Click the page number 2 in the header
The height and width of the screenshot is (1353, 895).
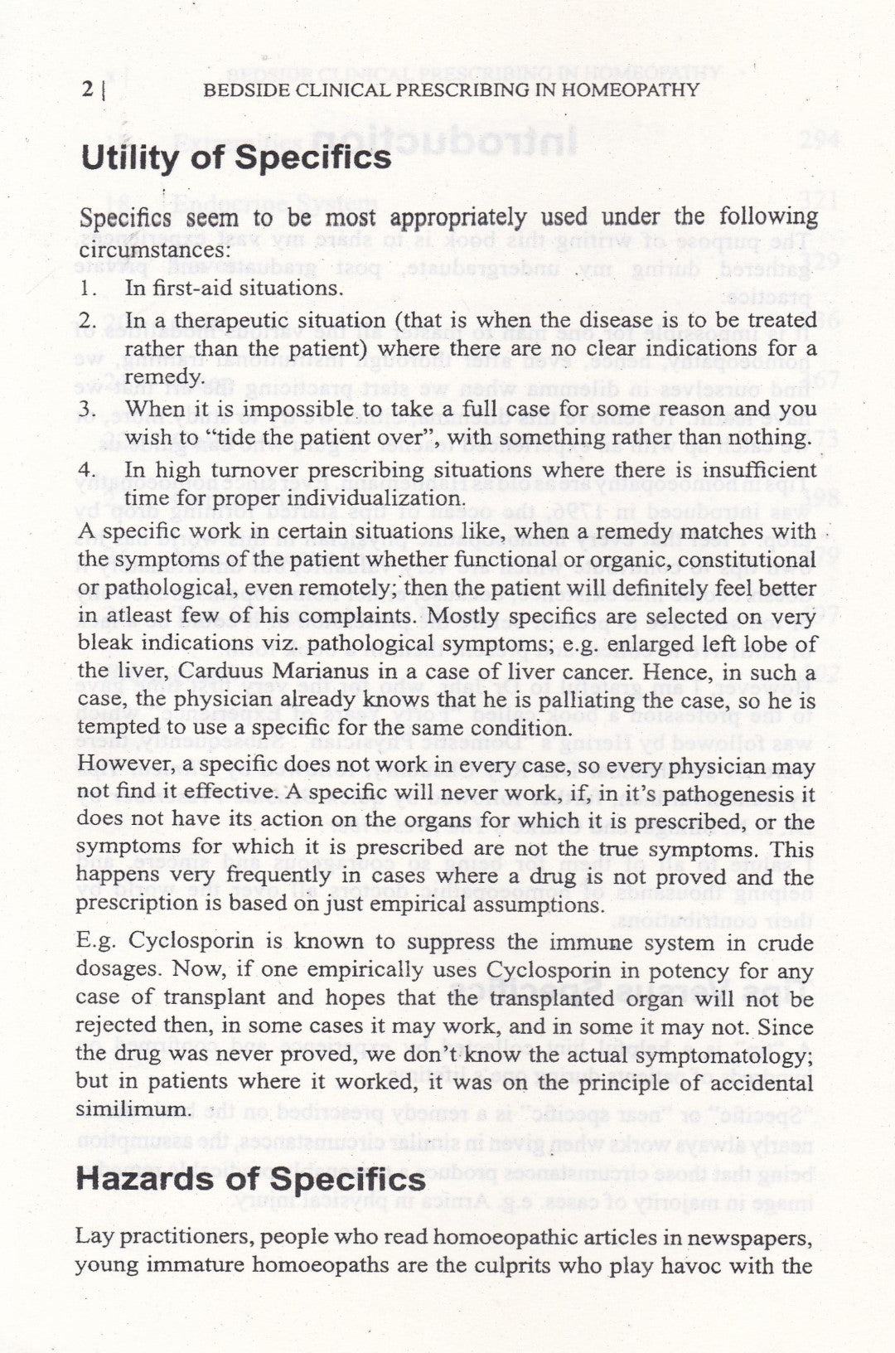tap(87, 90)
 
